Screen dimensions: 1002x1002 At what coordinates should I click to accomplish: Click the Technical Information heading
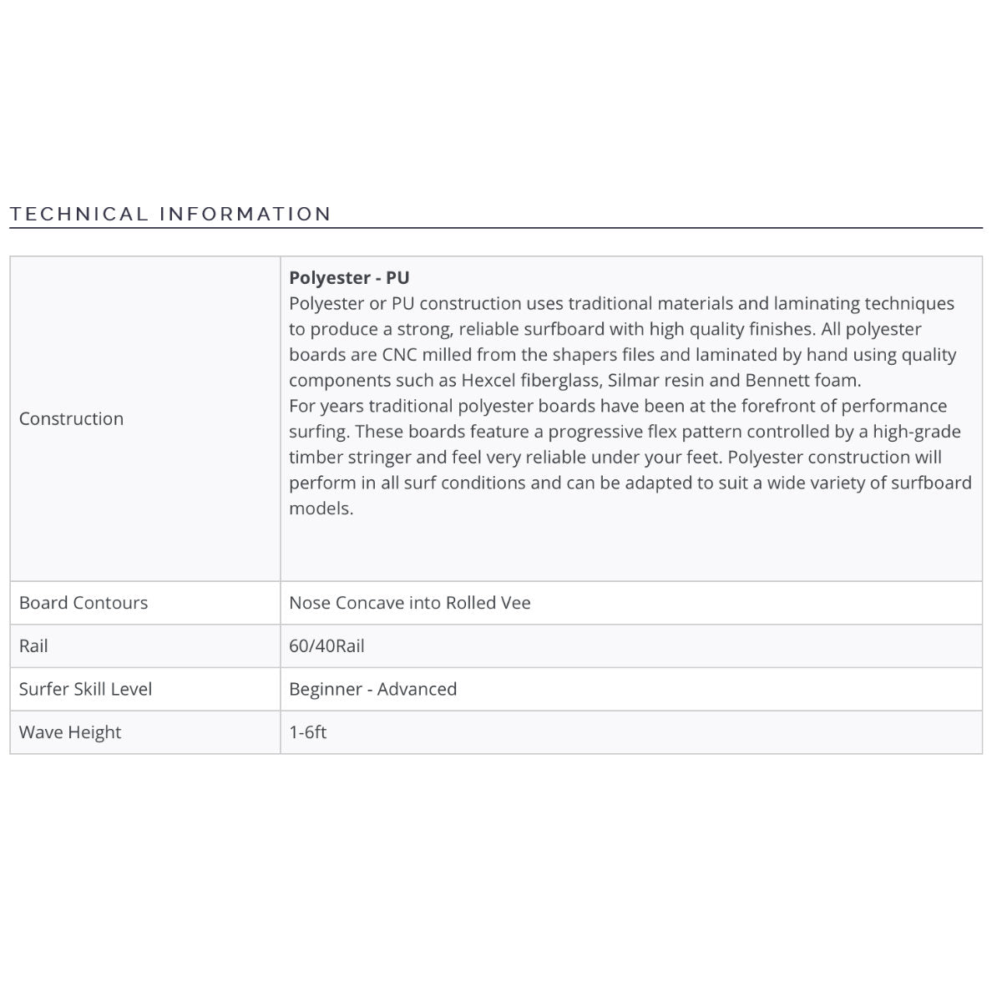pyautogui.click(x=170, y=214)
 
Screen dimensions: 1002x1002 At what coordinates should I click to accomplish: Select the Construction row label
pyautogui.click(x=71, y=418)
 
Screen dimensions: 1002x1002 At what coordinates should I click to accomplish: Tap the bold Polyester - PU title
pyautogui.click(x=349, y=277)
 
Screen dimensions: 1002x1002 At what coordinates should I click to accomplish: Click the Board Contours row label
pyautogui.click(x=83, y=603)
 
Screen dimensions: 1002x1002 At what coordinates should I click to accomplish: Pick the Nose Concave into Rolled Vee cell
pyautogui.click(x=409, y=603)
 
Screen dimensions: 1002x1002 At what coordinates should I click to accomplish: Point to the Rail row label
pyautogui.click(x=33, y=646)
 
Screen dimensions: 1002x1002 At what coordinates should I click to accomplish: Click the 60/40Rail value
pyautogui.click(x=326, y=646)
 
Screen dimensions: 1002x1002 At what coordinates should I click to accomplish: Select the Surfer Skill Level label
pyautogui.click(x=85, y=690)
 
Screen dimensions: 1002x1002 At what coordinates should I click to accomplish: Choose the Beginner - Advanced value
pyautogui.click(x=372, y=690)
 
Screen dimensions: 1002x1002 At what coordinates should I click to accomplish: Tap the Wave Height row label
pyautogui.click(x=70, y=732)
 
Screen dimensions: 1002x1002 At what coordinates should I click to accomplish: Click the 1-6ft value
pyautogui.click(x=307, y=732)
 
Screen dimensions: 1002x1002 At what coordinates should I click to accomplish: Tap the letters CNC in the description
pyautogui.click(x=399, y=355)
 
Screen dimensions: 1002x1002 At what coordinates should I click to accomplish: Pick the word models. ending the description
pyautogui.click(x=321, y=509)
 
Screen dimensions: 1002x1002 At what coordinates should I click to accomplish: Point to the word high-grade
pyautogui.click(x=917, y=432)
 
